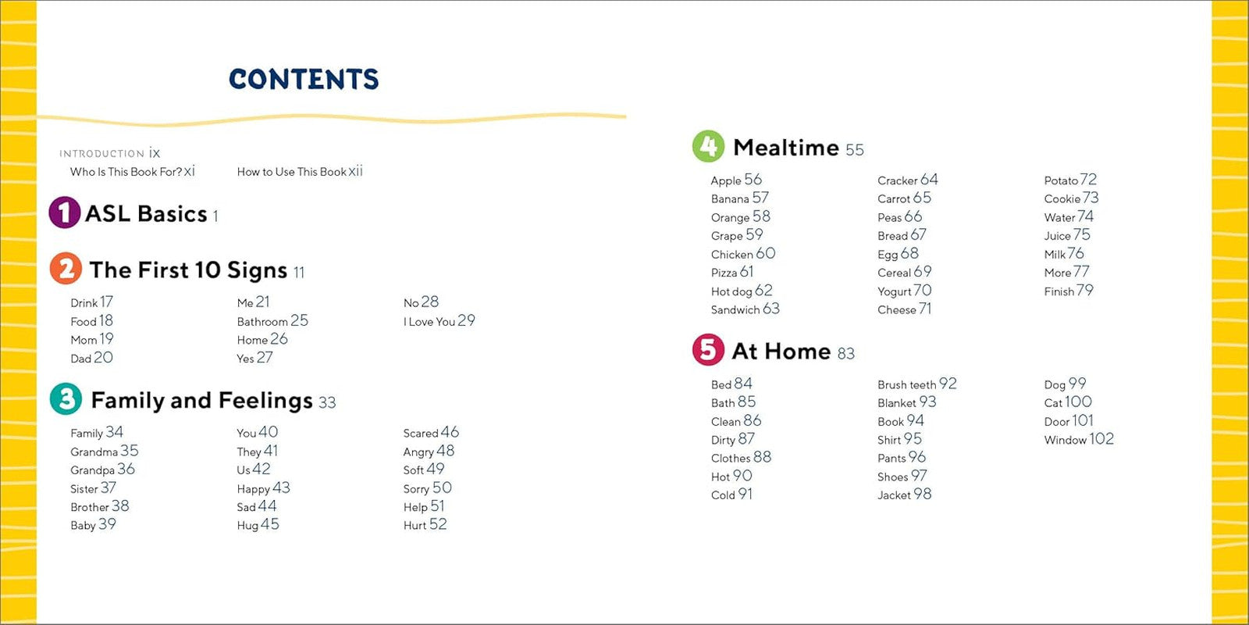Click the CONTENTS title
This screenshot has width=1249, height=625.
[x=304, y=79]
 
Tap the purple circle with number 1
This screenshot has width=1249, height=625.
[x=65, y=212]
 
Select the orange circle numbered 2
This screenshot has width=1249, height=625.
[x=66, y=269]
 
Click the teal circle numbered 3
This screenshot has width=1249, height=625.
[x=66, y=398]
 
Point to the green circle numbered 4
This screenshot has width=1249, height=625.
[x=708, y=146]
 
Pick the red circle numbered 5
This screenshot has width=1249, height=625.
[x=708, y=350]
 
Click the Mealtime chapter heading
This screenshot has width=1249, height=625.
[x=786, y=148]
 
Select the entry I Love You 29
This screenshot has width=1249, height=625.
[x=439, y=321]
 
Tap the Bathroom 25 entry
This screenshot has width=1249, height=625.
[x=272, y=321]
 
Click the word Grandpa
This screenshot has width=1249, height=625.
[x=93, y=470]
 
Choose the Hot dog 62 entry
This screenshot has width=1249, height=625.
[x=742, y=291]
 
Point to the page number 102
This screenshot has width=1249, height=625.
[x=1101, y=438]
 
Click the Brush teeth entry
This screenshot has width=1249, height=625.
[x=906, y=384]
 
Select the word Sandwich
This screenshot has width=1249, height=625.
[x=735, y=309]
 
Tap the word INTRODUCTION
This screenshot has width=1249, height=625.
[x=102, y=153]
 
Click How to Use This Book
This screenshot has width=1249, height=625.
[x=292, y=172]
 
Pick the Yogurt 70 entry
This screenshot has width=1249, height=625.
[x=905, y=291]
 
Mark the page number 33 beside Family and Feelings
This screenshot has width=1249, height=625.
[x=327, y=402]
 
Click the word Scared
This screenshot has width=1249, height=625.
[x=421, y=433]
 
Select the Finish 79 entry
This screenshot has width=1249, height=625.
[x=1069, y=291]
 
